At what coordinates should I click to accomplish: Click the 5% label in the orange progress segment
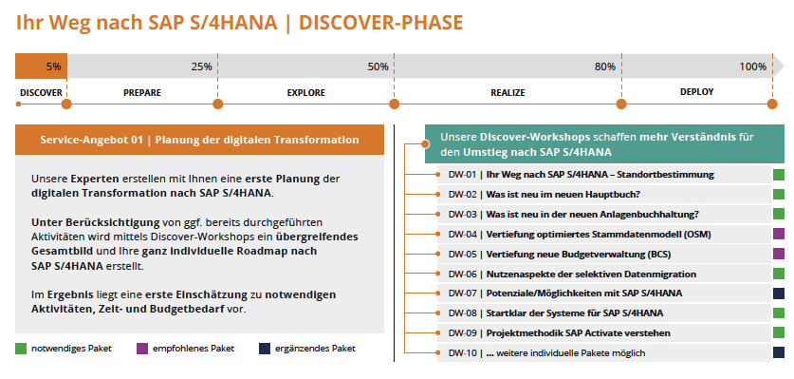coord(53,66)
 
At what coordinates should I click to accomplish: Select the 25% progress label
coord(201,66)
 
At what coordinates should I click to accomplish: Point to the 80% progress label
coord(605,66)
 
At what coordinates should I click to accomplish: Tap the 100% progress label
coord(752,66)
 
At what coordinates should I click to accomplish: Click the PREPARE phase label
coord(142,93)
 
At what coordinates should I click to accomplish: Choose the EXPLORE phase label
coord(305,93)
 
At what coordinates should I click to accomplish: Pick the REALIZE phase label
coord(508,93)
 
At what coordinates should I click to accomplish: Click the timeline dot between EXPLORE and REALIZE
coord(395,104)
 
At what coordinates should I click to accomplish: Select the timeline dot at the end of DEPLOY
coord(772,104)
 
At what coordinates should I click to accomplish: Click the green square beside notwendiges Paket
coord(21,349)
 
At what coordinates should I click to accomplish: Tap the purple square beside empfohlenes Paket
coord(142,349)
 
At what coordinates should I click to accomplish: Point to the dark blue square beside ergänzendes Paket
coord(265,349)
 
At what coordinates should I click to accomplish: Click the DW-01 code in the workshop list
coord(462,175)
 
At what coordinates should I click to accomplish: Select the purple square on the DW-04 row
coord(779,234)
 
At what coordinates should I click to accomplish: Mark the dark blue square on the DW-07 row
coord(779,294)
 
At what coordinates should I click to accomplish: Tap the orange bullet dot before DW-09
coord(438,332)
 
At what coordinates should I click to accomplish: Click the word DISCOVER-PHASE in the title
coord(380,23)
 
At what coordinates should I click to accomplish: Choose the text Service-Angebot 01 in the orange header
coord(92,140)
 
